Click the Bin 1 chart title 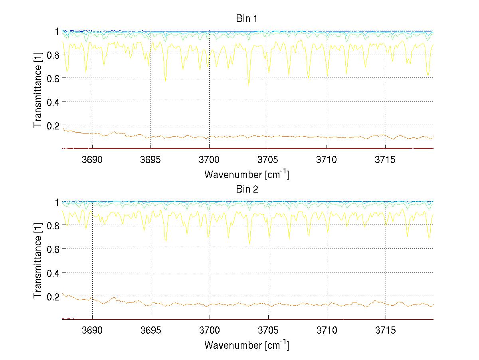[x=247, y=19]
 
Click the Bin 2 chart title [x=247, y=189]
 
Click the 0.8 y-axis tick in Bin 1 [x=53, y=55]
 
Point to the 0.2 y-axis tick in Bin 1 [x=53, y=125]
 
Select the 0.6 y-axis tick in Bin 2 [x=53, y=249]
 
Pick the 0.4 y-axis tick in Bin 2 [x=53, y=272]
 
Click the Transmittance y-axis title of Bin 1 [x=38, y=90]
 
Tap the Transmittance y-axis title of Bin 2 [x=38, y=261]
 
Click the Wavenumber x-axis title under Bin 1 [x=247, y=174]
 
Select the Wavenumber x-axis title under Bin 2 [x=247, y=345]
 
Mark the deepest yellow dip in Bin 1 [x=249, y=85]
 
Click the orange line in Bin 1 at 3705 [x=268, y=136]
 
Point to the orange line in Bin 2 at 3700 [x=210, y=305]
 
